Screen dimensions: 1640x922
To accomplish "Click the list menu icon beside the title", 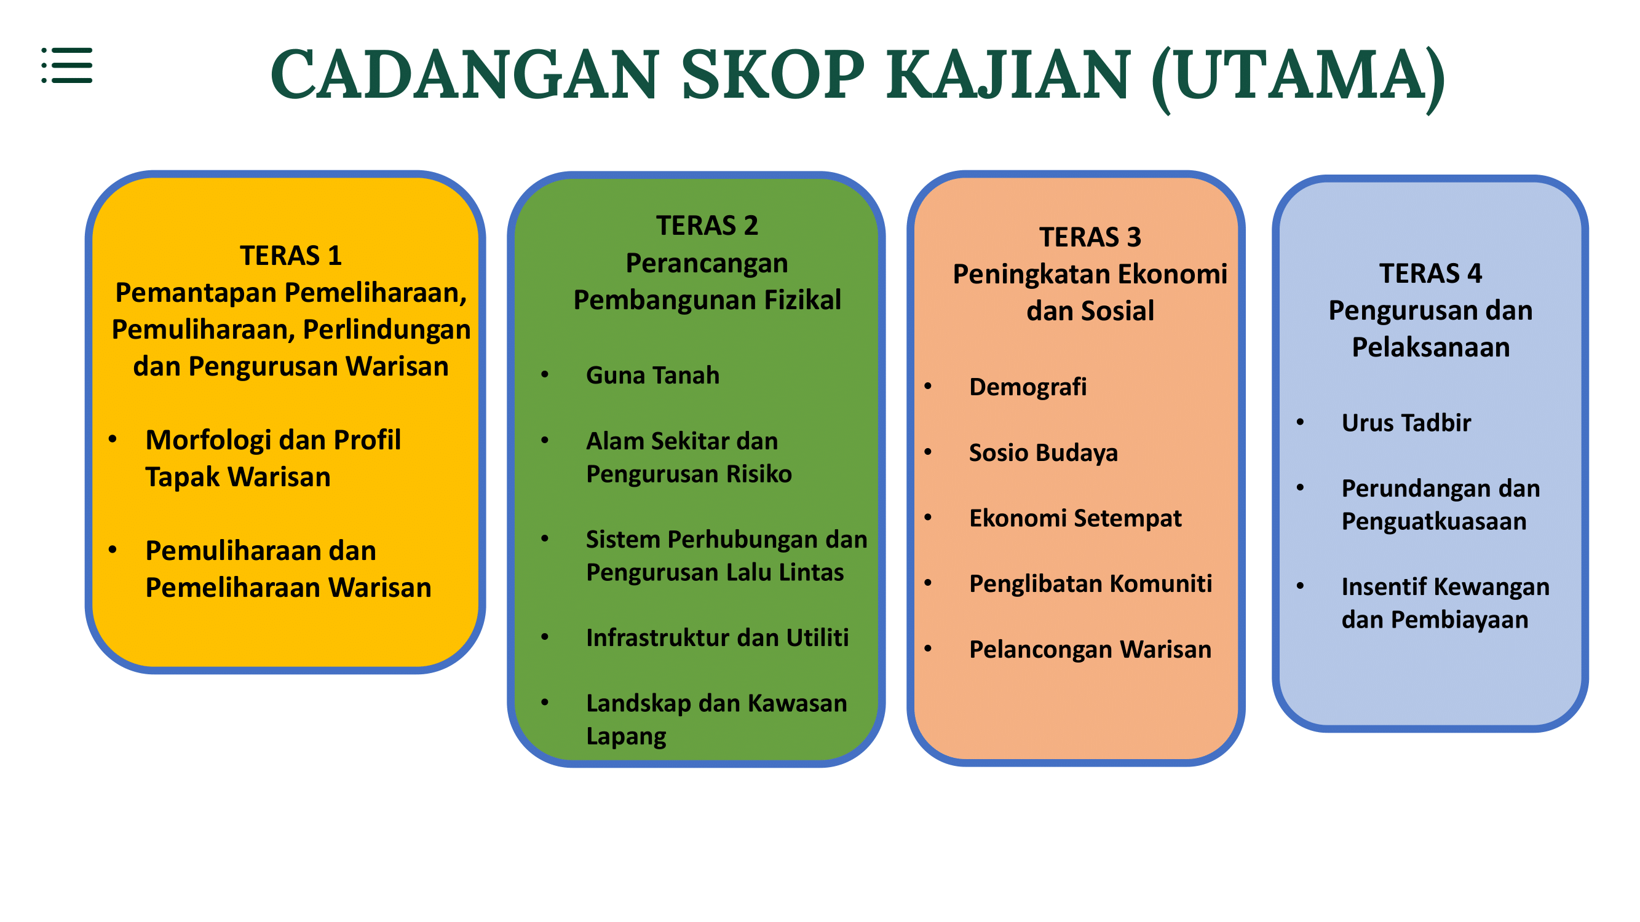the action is coord(67,65).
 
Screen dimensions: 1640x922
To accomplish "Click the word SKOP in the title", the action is coord(774,74).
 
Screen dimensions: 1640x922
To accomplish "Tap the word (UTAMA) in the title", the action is coord(1298,77).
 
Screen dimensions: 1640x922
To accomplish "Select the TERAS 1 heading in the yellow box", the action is coord(291,256).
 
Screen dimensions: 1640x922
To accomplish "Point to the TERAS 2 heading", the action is coord(707,226).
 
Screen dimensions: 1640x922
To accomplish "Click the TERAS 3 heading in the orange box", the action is coord(1091,237).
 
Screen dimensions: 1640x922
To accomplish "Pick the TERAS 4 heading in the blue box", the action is coord(1430,274).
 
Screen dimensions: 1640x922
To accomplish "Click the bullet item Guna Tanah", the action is coord(652,376).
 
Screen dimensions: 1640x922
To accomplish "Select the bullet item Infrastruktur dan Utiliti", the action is coord(718,637).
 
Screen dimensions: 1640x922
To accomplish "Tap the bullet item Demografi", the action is coord(1028,387).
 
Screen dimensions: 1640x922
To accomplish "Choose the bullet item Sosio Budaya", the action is coord(1044,453).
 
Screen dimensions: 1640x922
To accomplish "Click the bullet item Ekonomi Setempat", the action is coord(1076,519).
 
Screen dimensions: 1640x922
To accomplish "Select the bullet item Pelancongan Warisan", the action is coord(1090,650).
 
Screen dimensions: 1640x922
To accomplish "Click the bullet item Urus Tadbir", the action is coord(1406,423).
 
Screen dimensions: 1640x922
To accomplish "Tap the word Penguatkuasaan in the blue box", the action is coord(1434,522).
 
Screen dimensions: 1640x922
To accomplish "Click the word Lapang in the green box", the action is coord(626,737).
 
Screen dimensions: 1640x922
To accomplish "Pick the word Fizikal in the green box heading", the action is coord(802,301).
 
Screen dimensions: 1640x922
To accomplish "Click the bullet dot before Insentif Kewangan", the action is coord(1300,586).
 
